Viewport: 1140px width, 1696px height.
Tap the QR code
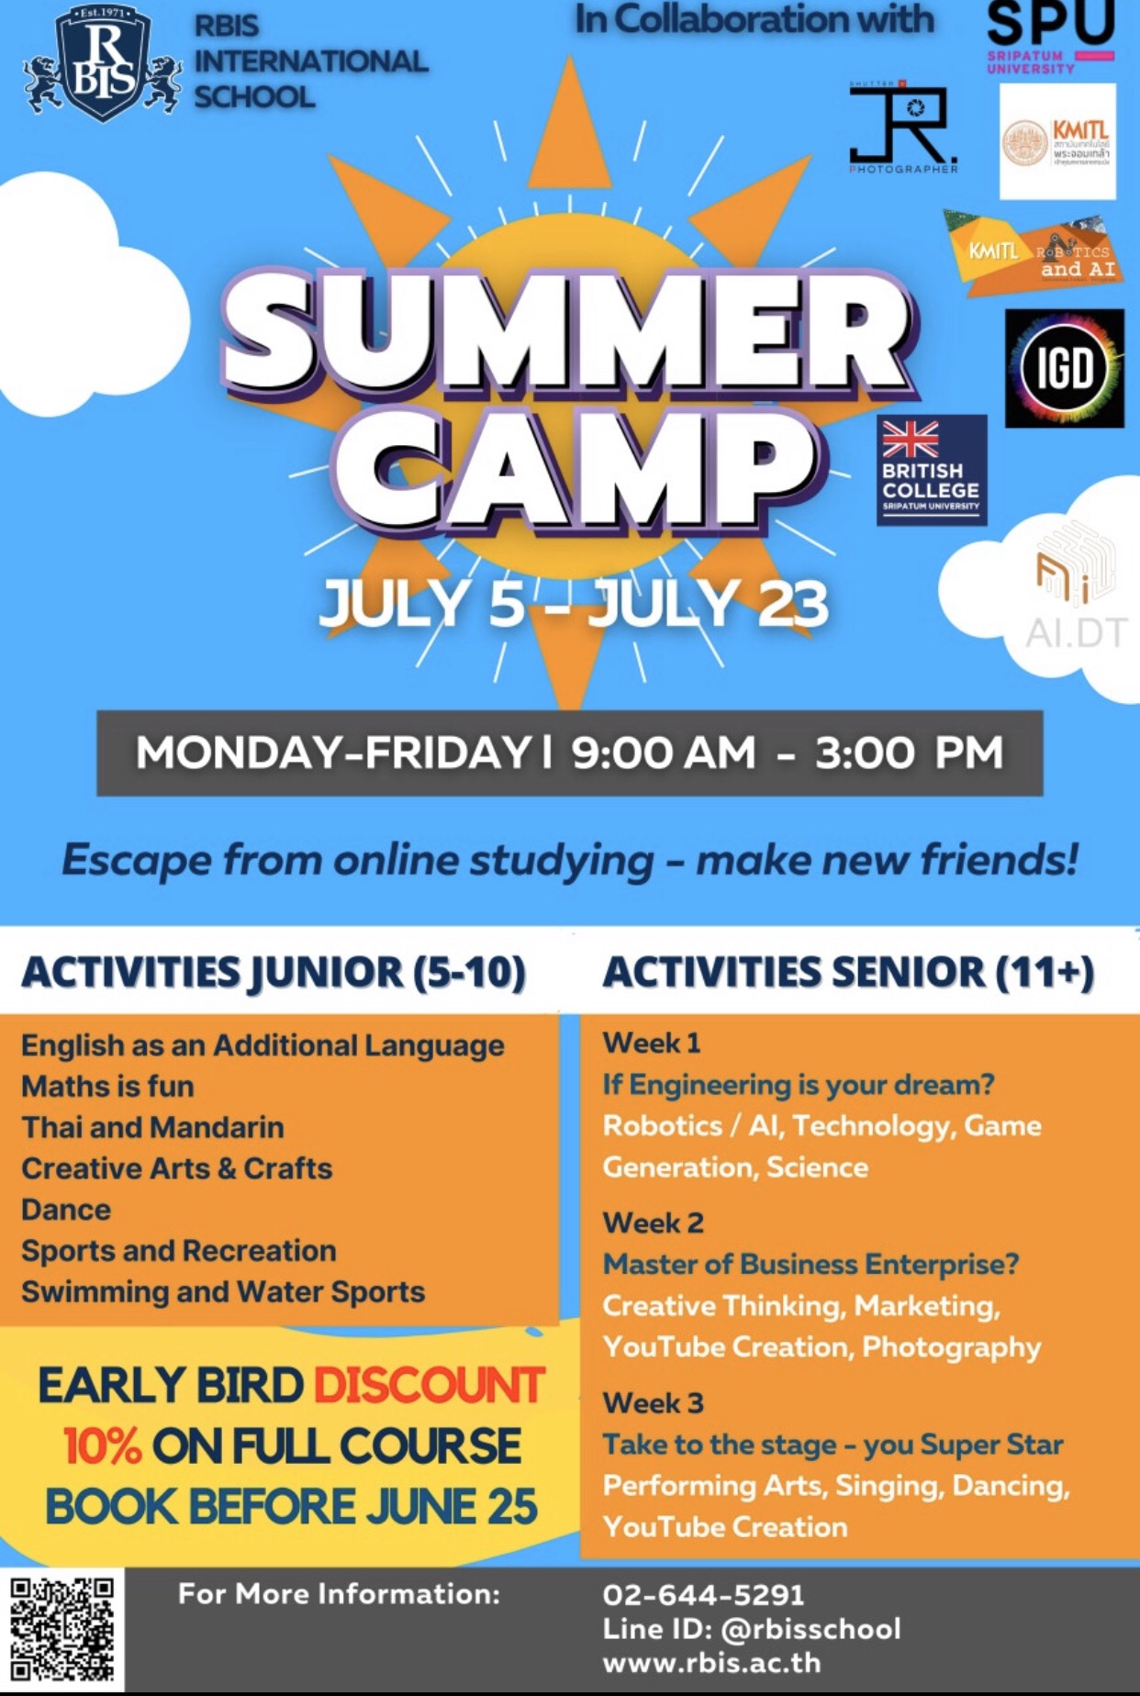click(x=62, y=1629)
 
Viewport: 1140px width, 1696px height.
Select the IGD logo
click(x=1064, y=369)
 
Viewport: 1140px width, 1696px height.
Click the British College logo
click(x=931, y=469)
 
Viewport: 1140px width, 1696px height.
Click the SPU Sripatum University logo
click(x=1049, y=37)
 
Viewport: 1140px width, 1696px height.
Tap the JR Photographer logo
click(x=904, y=128)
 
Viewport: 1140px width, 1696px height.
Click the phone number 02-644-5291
click(x=703, y=1594)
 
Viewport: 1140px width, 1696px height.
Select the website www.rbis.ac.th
click(x=711, y=1662)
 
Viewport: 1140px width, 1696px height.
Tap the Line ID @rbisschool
click(x=751, y=1628)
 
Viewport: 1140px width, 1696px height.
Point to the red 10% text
click(x=102, y=1446)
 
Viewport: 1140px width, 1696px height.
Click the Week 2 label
click(x=653, y=1222)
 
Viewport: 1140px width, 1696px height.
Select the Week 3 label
click(x=653, y=1402)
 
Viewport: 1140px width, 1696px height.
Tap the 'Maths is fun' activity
click(x=107, y=1087)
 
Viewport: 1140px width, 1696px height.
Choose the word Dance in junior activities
click(x=66, y=1210)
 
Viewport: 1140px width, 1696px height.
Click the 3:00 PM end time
click(x=908, y=753)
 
